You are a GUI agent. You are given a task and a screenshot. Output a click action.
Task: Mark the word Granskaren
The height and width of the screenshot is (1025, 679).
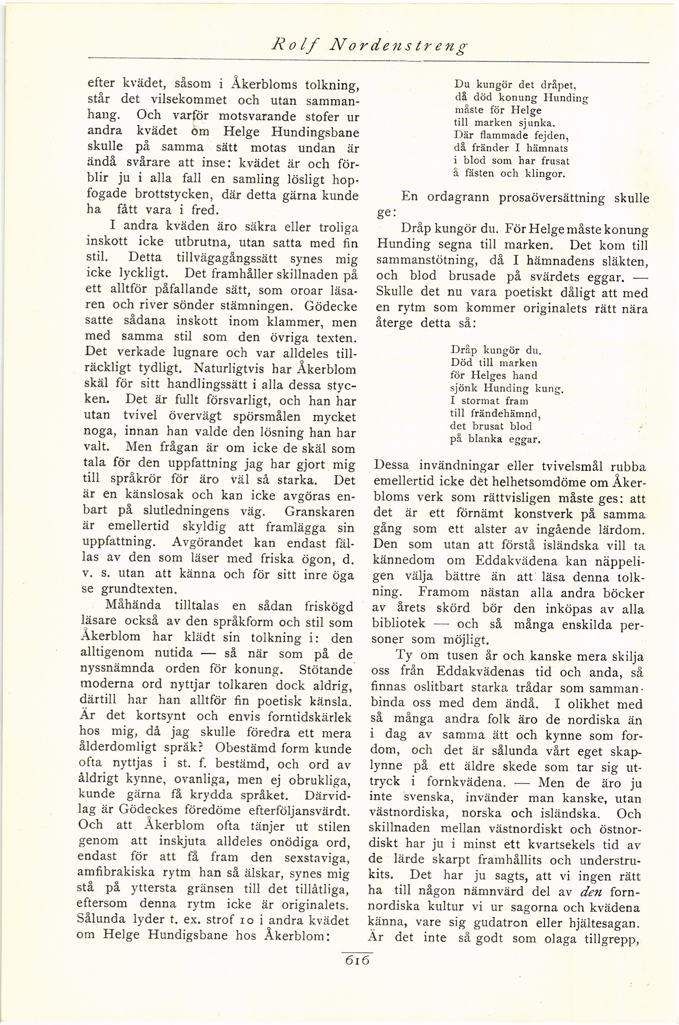point(319,511)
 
